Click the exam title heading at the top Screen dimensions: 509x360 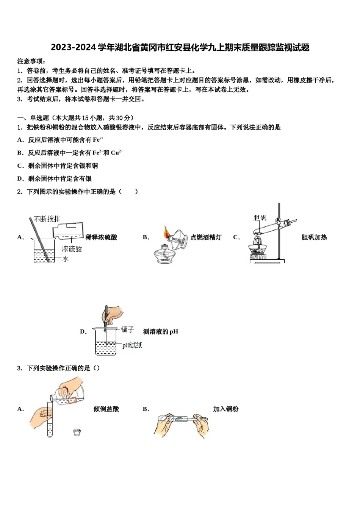coord(180,48)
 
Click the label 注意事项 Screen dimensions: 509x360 coord(31,61)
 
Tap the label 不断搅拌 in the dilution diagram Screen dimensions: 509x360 coord(47,219)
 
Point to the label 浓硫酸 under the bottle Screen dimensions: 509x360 coord(72,249)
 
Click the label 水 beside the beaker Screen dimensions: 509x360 coord(65,259)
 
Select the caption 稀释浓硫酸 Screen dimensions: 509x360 coord(101,237)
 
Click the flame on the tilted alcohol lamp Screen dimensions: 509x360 coord(166,231)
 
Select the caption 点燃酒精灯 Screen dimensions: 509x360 coord(206,237)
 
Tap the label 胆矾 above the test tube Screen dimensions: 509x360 coord(260,217)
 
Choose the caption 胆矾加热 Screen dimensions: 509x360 coord(314,237)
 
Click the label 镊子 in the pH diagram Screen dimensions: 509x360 coord(128,329)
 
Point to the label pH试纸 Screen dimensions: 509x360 coord(132,345)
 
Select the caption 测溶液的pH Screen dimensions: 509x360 coord(161,332)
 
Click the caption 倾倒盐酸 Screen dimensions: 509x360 coord(106,409)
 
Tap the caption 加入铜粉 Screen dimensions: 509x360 coord(226,409)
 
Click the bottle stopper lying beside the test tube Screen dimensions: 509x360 coord(77,432)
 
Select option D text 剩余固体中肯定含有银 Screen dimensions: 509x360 coord(60,179)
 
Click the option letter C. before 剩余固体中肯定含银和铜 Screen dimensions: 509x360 coord(20,166)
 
